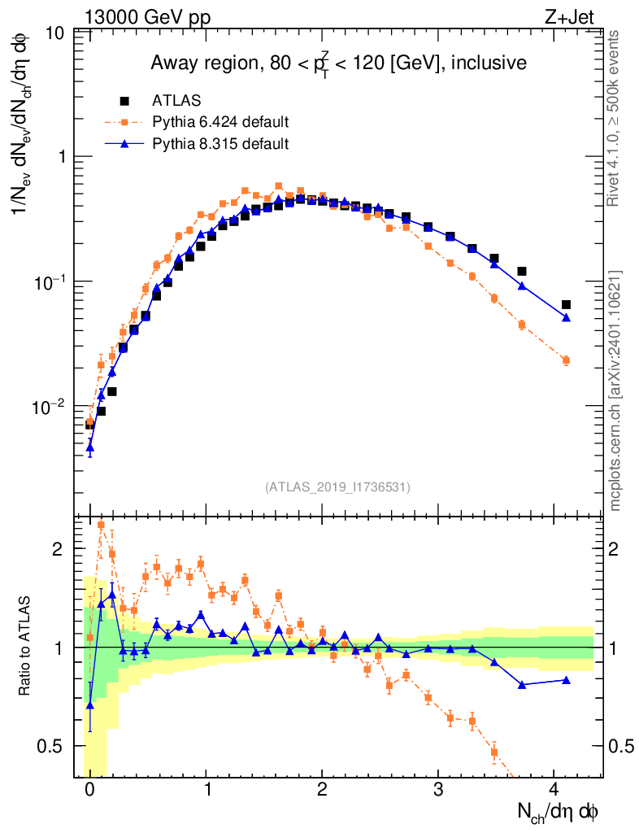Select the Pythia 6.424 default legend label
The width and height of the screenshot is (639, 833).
(x=220, y=123)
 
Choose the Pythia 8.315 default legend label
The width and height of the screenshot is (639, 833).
(x=220, y=144)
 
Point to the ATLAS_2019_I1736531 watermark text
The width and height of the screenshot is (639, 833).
(x=337, y=487)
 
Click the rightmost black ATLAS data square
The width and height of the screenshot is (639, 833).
(x=566, y=304)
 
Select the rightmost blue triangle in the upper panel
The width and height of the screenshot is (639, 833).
(x=566, y=317)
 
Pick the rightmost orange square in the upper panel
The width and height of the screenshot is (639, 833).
(x=566, y=360)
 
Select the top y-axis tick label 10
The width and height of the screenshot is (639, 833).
(x=56, y=33)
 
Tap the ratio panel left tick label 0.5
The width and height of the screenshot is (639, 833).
(x=52, y=746)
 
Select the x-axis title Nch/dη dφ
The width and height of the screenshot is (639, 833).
(x=559, y=812)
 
